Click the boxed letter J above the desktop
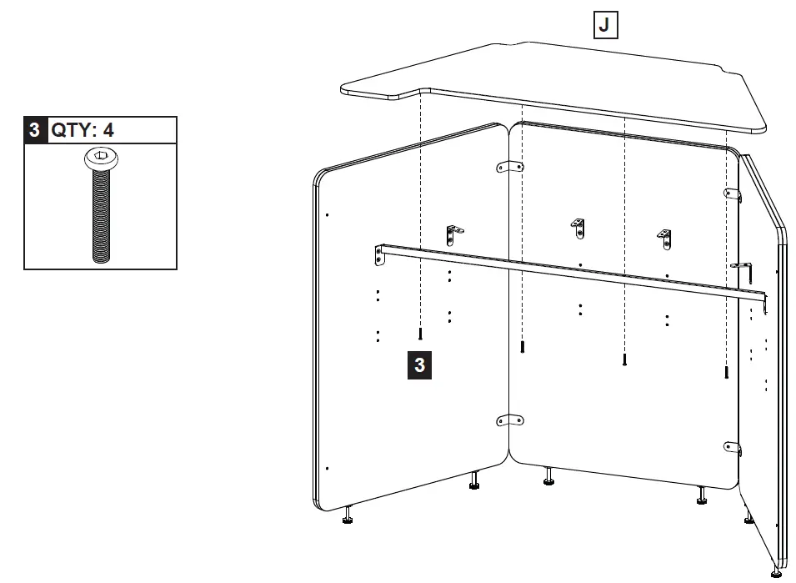pyautogui.click(x=604, y=27)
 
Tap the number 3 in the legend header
pyautogui.click(x=33, y=129)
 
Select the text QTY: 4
pyautogui.click(x=83, y=129)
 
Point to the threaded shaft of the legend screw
pyautogui.click(x=100, y=217)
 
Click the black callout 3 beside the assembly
pyautogui.click(x=419, y=364)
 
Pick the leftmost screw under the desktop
pyautogui.click(x=421, y=334)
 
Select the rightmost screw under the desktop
pyautogui.click(x=726, y=373)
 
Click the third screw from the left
pyautogui.click(x=624, y=360)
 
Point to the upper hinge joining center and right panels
pyautogui.click(x=732, y=194)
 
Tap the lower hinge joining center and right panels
pyautogui.click(x=732, y=449)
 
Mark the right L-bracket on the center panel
pyautogui.click(x=664, y=238)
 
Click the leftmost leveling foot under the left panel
pyautogui.click(x=348, y=520)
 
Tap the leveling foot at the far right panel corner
pyautogui.click(x=777, y=574)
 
